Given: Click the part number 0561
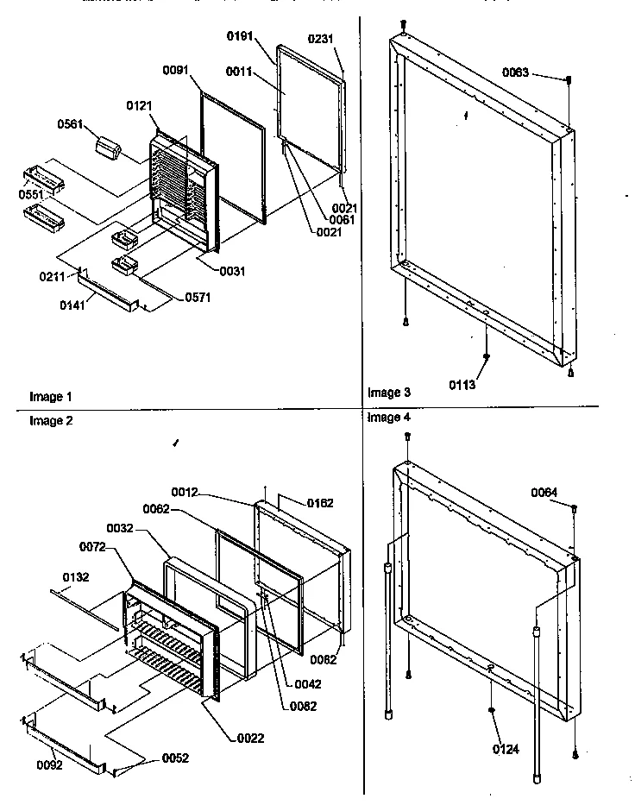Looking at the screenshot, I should point(70,124).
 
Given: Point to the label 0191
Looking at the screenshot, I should point(242,36).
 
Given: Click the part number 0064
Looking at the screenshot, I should point(544,492).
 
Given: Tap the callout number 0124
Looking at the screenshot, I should point(506,750).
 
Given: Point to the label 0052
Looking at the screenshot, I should point(174,758).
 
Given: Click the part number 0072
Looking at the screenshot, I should point(93,547).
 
